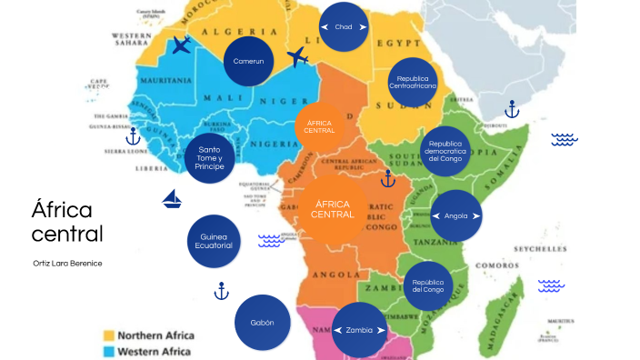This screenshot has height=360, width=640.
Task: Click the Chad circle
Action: tap(344, 27)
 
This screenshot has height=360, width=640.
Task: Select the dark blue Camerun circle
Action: tap(248, 61)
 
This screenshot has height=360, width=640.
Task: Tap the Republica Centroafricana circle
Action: tap(413, 84)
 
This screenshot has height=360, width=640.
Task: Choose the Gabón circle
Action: tap(261, 323)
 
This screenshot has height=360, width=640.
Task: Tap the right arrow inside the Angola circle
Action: tap(475, 216)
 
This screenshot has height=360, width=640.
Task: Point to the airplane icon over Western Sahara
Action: tap(182, 45)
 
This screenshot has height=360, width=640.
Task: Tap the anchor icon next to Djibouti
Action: tap(511, 110)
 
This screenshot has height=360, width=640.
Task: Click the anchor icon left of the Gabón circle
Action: tap(220, 291)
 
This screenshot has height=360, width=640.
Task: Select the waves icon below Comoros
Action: tap(551, 285)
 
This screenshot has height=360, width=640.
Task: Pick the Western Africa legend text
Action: tap(155, 351)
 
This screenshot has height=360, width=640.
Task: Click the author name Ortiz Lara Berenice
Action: tap(66, 263)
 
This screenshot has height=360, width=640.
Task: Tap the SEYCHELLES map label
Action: tap(540, 248)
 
